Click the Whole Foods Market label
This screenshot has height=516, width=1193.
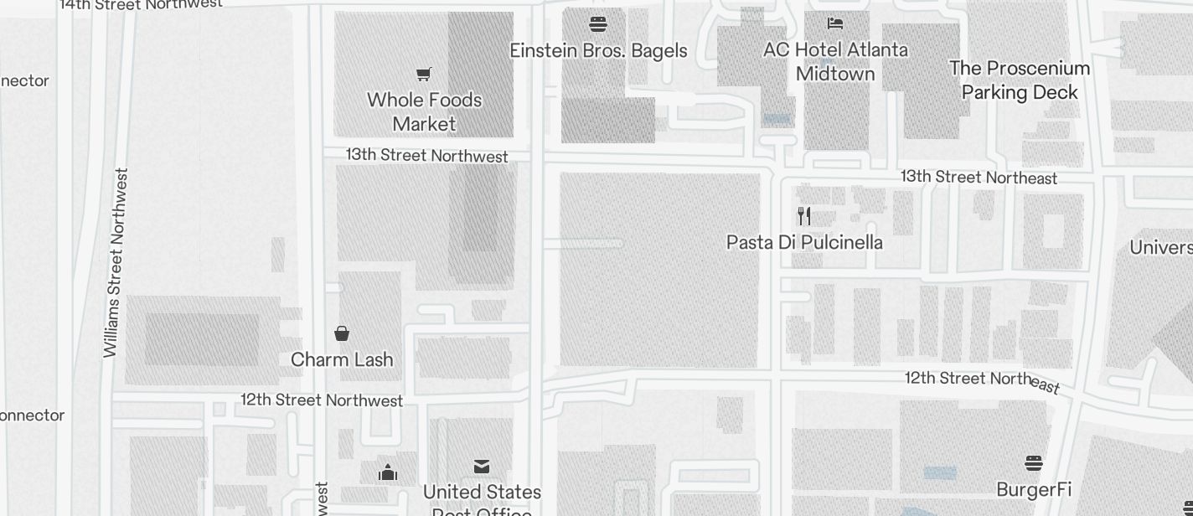click(x=424, y=111)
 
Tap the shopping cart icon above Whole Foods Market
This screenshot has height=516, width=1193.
click(x=424, y=75)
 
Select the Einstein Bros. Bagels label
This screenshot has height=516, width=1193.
click(x=598, y=50)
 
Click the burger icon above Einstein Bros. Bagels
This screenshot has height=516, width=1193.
click(x=598, y=23)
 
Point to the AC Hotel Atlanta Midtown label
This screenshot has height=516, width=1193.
click(x=835, y=61)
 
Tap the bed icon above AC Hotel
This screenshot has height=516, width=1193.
click(x=835, y=23)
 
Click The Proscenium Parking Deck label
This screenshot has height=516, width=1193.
click(x=1020, y=80)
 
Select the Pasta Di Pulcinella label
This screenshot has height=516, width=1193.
click(x=804, y=242)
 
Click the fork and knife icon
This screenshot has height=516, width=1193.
click(x=804, y=216)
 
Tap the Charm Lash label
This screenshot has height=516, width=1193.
click(x=342, y=359)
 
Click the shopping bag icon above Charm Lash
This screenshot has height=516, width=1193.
click(x=342, y=333)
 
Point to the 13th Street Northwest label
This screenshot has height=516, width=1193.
click(x=427, y=155)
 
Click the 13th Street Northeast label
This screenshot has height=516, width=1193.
click(x=979, y=177)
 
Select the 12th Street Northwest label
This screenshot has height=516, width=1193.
click(x=322, y=400)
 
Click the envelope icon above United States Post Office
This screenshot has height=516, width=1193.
click(x=482, y=467)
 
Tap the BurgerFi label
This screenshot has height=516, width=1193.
click(x=1034, y=489)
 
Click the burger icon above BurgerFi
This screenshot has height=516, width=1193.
click(x=1034, y=463)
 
